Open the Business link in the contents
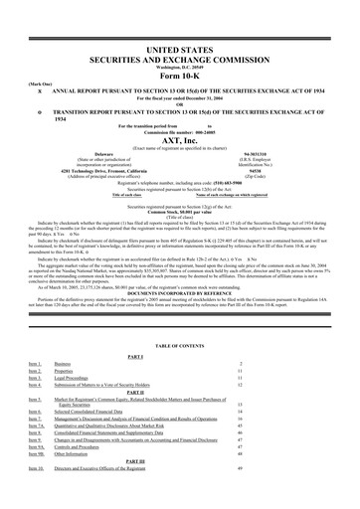pos(62,365)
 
